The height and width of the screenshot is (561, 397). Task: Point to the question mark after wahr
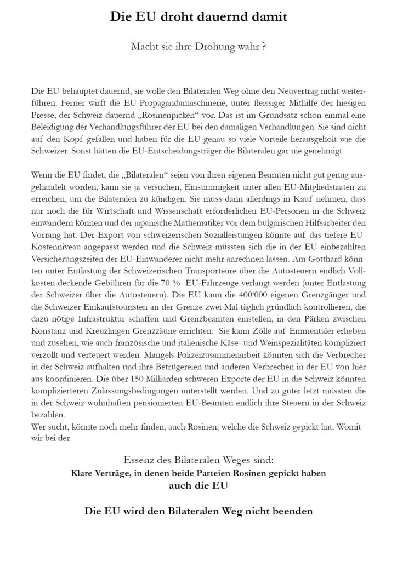[x=264, y=48]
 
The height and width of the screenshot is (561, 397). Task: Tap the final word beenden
[x=292, y=511]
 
